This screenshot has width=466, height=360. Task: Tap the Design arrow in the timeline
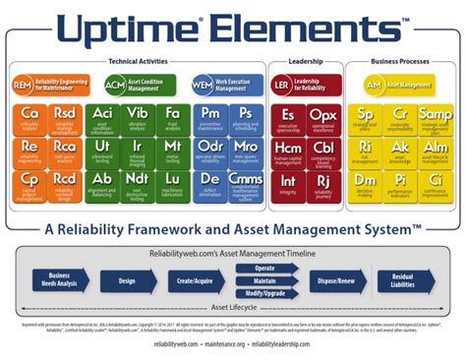(x=128, y=281)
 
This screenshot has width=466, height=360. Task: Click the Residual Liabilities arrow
(x=400, y=281)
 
